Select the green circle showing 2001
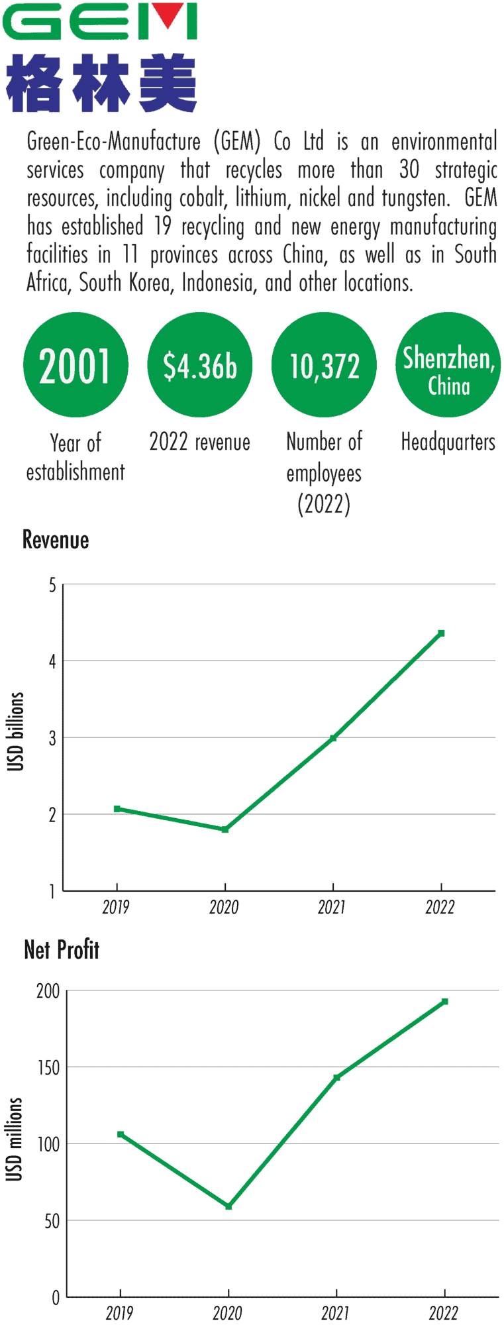coord(75,365)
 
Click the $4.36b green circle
coord(199,365)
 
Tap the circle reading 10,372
coord(324,365)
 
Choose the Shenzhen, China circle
coord(448,365)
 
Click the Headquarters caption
coord(448,442)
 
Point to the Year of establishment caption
coord(75,457)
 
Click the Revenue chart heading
coord(56,540)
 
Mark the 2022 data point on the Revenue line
coord(441,633)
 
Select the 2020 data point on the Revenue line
coord(225,829)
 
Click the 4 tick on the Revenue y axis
coord(52,661)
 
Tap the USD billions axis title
coord(15,732)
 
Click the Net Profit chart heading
coord(62,950)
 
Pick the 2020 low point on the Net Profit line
coord(228,1207)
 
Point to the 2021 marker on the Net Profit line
coord(336,1078)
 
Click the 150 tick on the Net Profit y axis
coord(48,1068)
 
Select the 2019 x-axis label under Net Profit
coord(119,1312)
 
